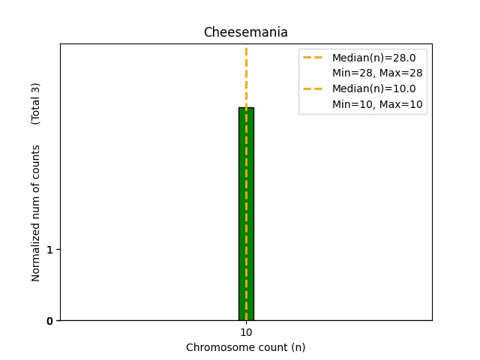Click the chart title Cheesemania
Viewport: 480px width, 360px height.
(x=245, y=33)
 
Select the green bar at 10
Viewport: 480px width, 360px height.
(x=246, y=217)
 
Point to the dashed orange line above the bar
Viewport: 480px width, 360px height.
(x=246, y=75)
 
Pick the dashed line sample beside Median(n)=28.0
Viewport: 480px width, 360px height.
(x=313, y=57)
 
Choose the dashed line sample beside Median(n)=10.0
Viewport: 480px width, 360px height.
(x=313, y=88)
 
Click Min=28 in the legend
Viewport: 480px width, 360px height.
(x=350, y=73)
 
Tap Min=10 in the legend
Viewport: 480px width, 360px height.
(x=350, y=104)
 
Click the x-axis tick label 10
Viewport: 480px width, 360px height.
(x=246, y=332)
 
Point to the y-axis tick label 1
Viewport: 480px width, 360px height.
(x=49, y=249)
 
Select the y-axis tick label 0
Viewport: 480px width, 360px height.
(x=49, y=321)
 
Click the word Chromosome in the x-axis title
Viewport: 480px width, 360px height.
(x=217, y=347)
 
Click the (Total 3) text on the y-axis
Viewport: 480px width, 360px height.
(x=36, y=103)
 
